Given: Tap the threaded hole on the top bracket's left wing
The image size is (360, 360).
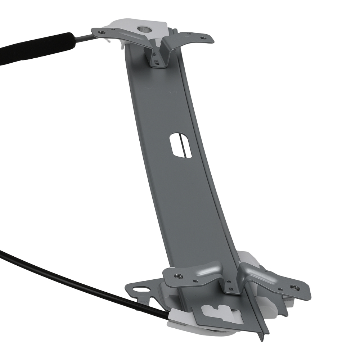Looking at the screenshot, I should (102, 32).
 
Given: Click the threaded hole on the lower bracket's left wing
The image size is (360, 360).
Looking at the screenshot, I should (177, 276).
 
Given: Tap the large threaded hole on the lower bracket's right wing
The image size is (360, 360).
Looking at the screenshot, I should (295, 287).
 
